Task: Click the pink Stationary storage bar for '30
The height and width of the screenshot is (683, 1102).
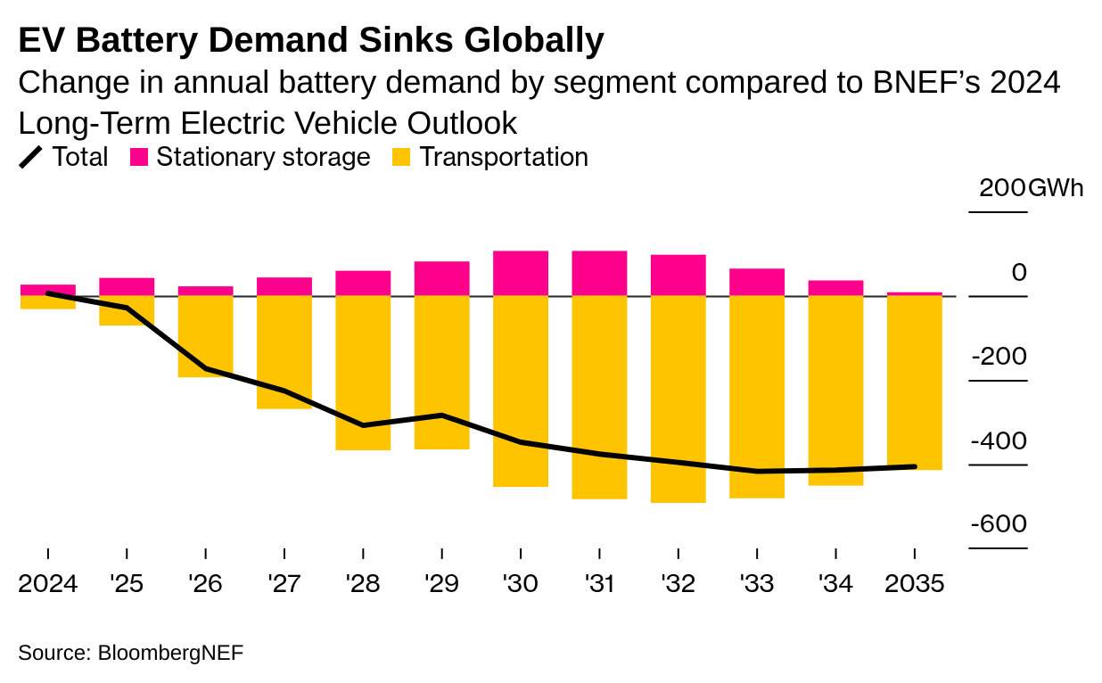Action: point(521,273)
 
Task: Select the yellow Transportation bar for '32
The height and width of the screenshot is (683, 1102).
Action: point(678,399)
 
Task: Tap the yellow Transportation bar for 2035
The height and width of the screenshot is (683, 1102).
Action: point(915,383)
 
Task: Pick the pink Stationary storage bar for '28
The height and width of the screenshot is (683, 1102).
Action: point(363,283)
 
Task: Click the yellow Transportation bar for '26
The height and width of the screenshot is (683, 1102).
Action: point(206,336)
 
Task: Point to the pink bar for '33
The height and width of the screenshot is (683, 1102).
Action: point(757,282)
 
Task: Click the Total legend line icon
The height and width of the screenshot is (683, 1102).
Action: point(31,158)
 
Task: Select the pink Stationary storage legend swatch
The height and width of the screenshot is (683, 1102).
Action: point(139,158)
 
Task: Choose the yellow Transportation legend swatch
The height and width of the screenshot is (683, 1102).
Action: point(402,158)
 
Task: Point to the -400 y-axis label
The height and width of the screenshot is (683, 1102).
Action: point(999,441)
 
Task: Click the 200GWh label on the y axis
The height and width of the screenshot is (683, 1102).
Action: point(1031,189)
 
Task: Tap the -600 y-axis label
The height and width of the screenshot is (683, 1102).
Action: point(999,524)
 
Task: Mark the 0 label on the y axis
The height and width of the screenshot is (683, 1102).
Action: point(1019,272)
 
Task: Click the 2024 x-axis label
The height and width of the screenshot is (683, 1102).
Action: point(47,584)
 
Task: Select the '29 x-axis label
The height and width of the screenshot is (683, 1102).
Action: point(441,584)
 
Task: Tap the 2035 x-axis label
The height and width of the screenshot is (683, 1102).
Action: point(914,584)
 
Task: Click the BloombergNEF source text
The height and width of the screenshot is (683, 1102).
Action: point(169,653)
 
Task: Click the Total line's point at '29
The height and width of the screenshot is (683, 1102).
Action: point(442,416)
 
